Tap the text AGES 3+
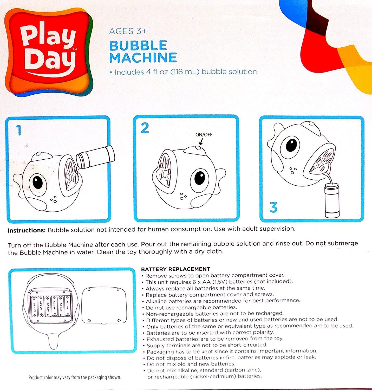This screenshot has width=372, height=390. pyautogui.click(x=128, y=31)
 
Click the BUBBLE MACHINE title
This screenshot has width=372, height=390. pyautogui.click(x=143, y=51)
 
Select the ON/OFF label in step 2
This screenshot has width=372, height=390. pyautogui.click(x=204, y=135)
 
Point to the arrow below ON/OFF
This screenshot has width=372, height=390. pyautogui.click(x=200, y=142)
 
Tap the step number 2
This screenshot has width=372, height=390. pyautogui.click(x=145, y=128)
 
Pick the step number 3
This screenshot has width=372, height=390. pyautogui.click(x=273, y=207)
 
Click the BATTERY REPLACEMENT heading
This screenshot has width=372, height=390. pyautogui.click(x=175, y=269)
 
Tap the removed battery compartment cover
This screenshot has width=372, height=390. pyautogui.click(x=104, y=305)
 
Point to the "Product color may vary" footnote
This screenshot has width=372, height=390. pyautogui.click(x=75, y=377)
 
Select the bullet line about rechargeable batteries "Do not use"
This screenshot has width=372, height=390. pyautogui.click(x=191, y=307)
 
